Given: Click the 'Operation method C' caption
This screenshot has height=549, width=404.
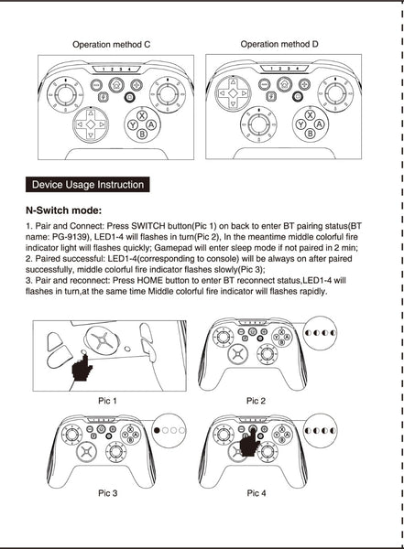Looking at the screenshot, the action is coord(111,45).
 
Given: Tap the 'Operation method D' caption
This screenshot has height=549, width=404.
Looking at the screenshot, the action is coord(279,45).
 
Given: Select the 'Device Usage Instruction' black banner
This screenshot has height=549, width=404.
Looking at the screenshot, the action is coord(88,185).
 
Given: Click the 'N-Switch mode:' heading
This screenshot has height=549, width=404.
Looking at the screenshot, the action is coord(63,210).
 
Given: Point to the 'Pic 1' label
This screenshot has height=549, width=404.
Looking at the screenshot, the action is coord(107,401).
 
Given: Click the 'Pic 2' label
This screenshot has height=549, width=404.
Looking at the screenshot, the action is coord(256,401).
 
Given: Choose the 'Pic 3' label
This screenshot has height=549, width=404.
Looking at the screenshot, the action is coord(108,493).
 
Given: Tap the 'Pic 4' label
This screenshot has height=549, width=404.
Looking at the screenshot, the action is coord(256,493).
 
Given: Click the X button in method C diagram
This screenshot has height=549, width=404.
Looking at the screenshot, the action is coord(142,116).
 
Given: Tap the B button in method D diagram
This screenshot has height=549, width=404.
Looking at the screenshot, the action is coord(310,134).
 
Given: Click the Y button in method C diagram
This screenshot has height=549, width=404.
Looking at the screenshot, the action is coord(133,124).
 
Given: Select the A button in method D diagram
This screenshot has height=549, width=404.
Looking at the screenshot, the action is coord(319,124).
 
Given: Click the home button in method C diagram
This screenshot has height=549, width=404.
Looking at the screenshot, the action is coord(116,84).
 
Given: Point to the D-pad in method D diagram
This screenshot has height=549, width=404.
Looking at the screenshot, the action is coord(233,93).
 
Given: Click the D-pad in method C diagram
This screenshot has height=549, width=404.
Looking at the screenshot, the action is coord(91,124).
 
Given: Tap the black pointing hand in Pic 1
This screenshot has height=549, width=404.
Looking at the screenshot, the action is coord(82,369).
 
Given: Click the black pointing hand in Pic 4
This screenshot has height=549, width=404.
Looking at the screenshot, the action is coord(250,443).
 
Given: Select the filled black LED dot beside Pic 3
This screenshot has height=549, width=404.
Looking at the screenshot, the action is coord(157,430).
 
